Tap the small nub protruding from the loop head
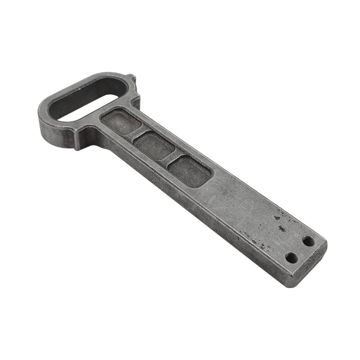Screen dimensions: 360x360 click(130, 79)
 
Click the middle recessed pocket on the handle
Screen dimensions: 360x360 click(153, 146)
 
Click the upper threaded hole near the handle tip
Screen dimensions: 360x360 click(308, 240)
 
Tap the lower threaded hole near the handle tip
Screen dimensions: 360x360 click(291, 257)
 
